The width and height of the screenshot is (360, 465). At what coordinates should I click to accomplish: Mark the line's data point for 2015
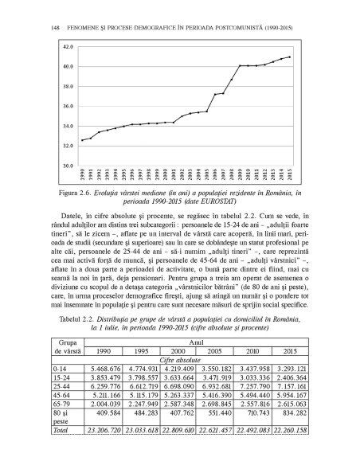click(x=290, y=57)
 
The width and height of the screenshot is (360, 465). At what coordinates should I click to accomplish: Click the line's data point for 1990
click(x=82, y=140)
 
